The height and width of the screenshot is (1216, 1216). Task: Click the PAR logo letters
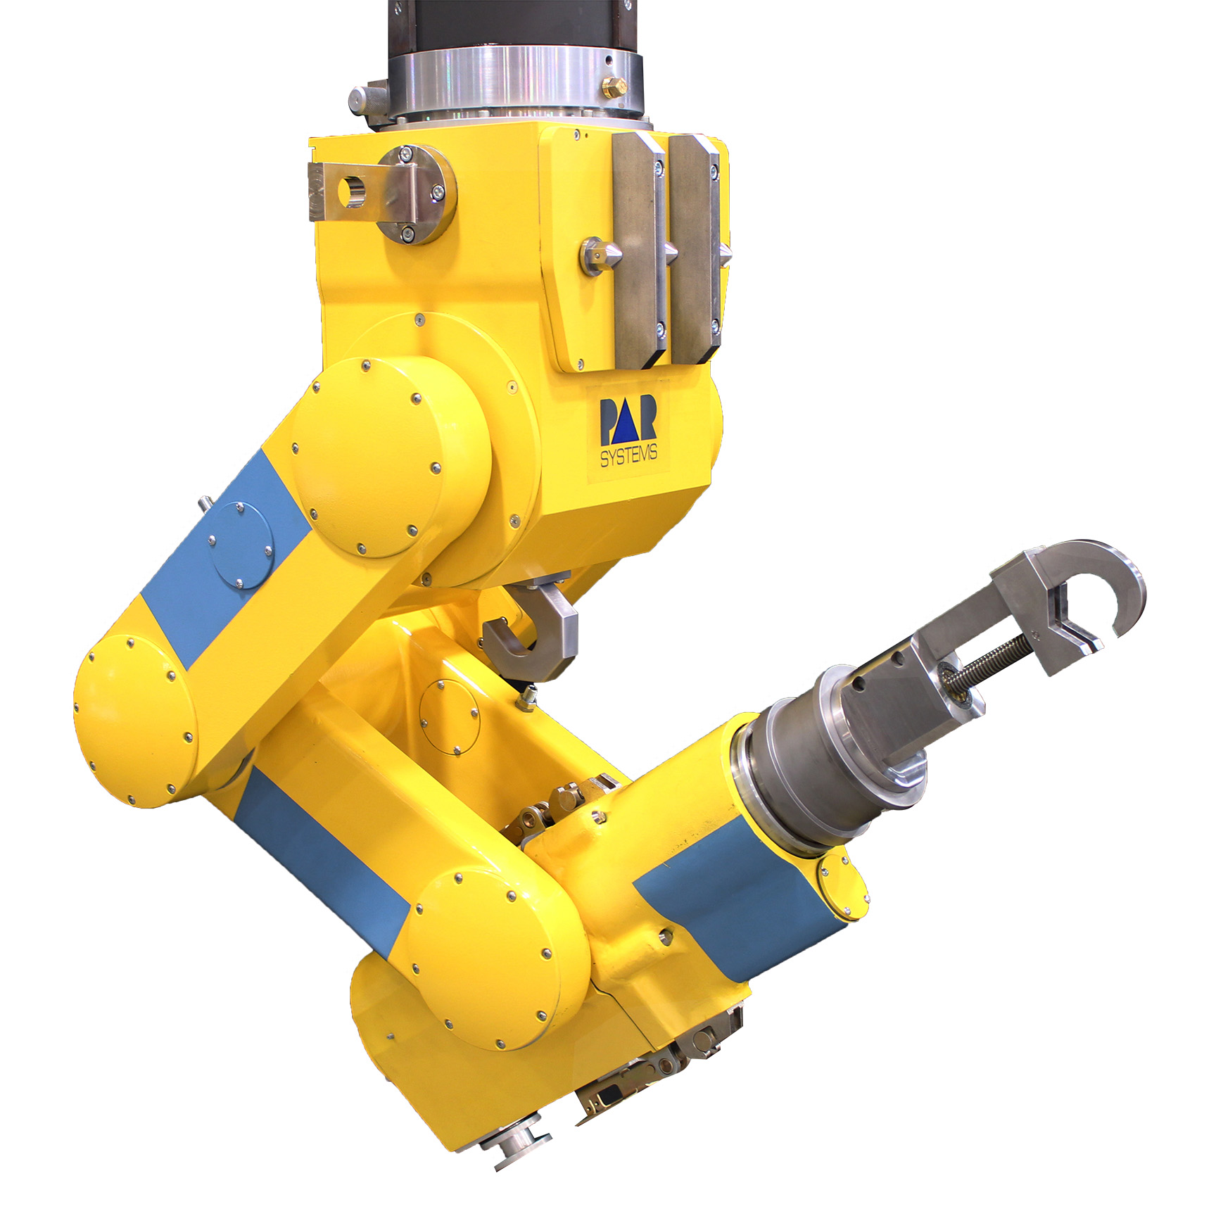point(628,420)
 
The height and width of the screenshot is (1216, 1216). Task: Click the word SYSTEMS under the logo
point(628,455)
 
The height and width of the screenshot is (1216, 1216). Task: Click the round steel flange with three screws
point(420,195)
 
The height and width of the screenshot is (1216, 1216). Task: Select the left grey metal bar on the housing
point(638,251)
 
